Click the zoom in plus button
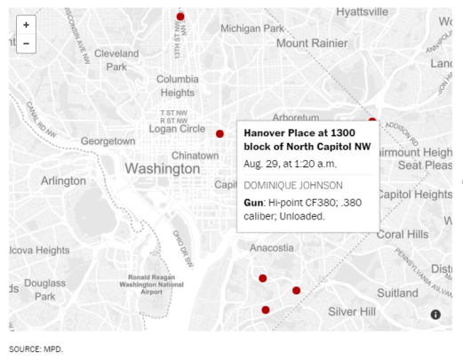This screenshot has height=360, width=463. (26, 25)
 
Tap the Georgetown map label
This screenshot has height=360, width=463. (108, 141)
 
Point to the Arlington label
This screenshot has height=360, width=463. (63, 180)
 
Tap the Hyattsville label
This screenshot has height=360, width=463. (362, 12)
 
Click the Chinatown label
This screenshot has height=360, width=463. (195, 156)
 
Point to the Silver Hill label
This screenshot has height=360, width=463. (353, 311)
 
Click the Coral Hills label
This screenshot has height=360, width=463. (402, 235)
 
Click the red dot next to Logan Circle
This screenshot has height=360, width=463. (220, 133)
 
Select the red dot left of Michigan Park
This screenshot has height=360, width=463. (180, 17)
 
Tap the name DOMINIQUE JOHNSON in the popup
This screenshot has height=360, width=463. (293, 185)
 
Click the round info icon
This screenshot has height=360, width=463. (436, 314)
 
